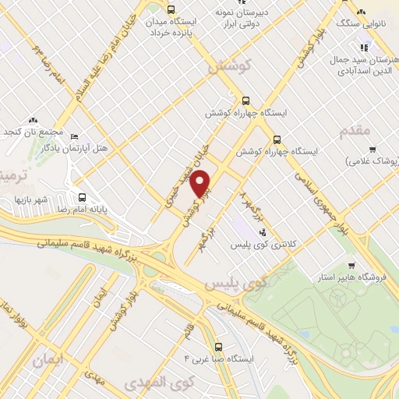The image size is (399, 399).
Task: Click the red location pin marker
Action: coord(202,184)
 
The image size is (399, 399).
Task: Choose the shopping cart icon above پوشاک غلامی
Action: coord(373,149)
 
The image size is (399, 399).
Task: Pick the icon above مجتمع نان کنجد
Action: coord(33,120)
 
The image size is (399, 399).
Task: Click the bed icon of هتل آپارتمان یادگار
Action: coord(74,136)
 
